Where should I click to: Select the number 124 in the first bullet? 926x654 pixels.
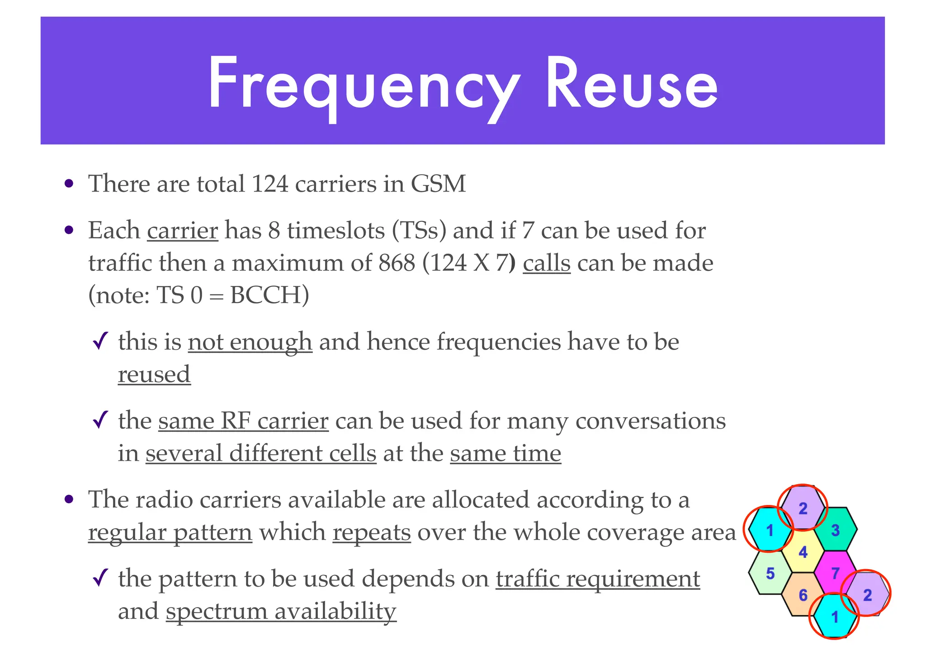point(269,184)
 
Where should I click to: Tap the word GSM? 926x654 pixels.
point(438,184)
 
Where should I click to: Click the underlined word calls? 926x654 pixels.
point(546,263)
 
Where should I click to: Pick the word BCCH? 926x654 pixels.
point(269,296)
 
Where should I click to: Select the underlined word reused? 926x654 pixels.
point(154,374)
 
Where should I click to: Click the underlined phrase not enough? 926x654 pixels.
point(250,342)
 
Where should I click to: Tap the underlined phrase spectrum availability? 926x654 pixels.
point(281,612)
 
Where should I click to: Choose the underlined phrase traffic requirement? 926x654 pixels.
point(598,579)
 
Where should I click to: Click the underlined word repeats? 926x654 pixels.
point(372,533)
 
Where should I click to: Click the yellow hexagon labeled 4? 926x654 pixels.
point(803,552)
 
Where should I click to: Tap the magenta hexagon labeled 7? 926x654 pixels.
point(835,573)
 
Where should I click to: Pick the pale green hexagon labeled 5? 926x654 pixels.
point(770,573)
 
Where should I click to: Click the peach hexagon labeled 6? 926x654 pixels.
point(803,595)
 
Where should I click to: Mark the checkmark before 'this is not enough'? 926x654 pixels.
point(100,341)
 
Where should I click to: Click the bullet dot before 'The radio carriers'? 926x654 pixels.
point(69,500)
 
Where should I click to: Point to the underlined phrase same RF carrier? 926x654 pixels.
point(243,421)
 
